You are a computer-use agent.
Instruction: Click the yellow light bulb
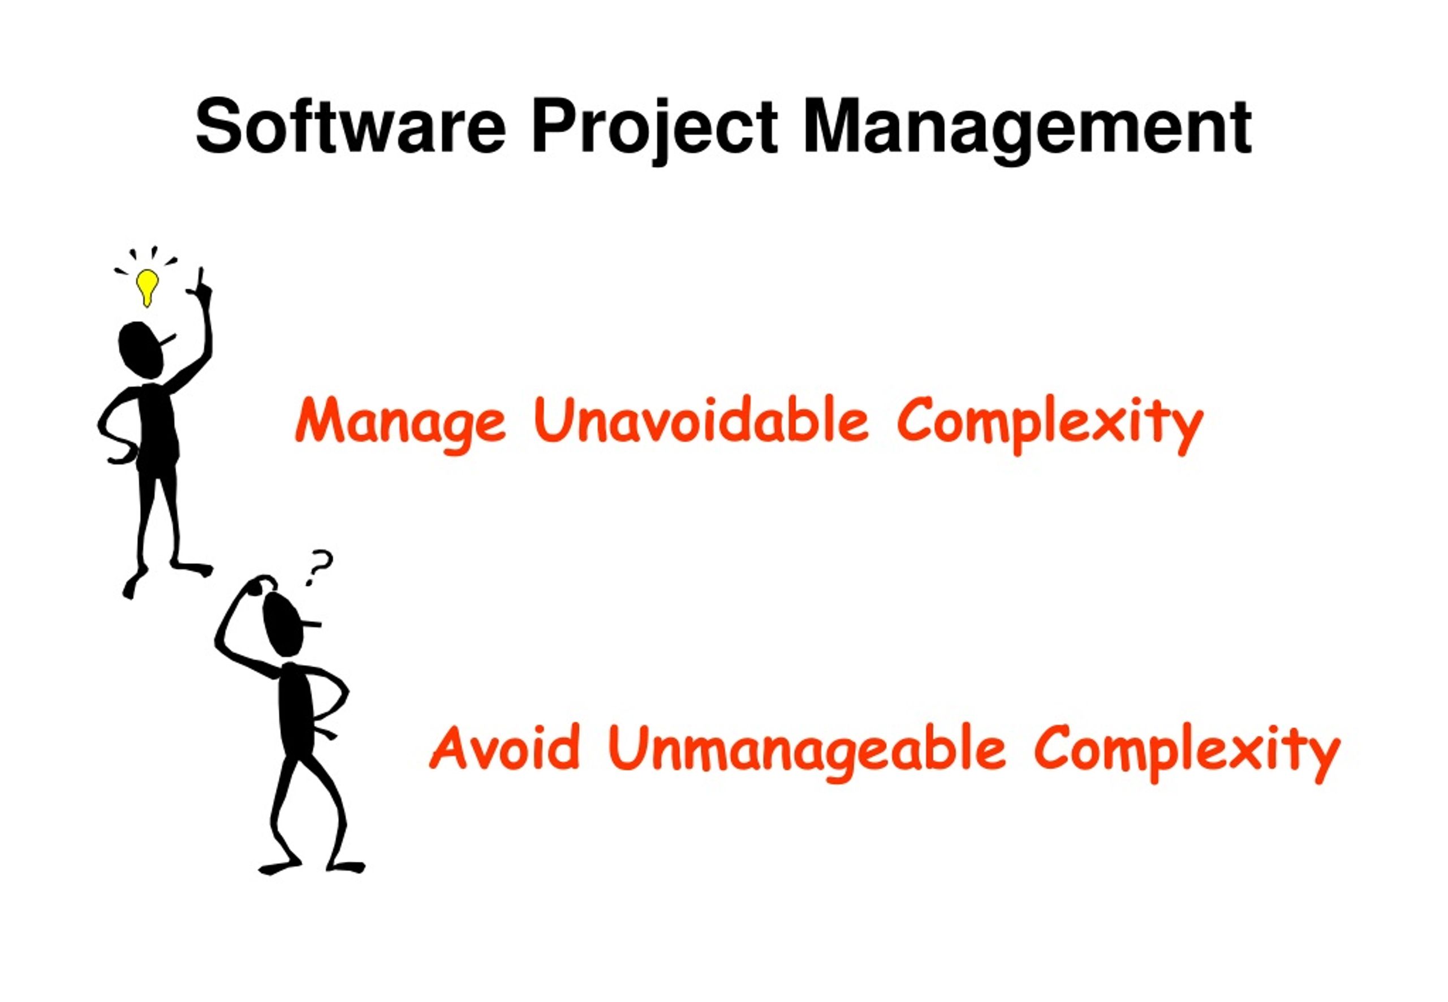(147, 286)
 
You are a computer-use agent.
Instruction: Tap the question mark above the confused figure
(319, 565)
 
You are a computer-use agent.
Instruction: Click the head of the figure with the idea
(141, 349)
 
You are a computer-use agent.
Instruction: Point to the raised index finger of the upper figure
(201, 279)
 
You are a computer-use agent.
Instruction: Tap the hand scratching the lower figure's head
(260, 585)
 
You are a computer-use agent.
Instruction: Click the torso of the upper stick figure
(157, 427)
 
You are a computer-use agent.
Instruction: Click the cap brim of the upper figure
(169, 340)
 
